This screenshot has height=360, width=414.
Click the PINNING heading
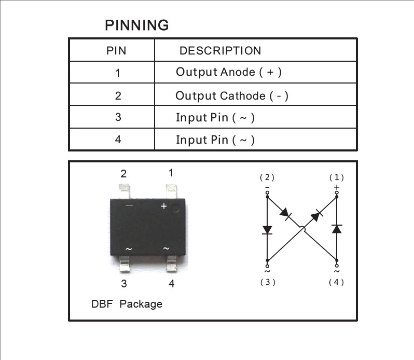[137, 25]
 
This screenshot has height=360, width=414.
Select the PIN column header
[116, 51]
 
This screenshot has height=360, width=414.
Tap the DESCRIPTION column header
[220, 51]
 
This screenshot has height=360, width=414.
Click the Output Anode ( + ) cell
[229, 72]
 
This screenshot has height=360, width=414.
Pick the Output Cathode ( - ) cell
[232, 96]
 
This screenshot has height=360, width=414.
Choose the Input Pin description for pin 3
[215, 118]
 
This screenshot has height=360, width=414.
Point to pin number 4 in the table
[118, 140]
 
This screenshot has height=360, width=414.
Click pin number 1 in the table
[118, 73]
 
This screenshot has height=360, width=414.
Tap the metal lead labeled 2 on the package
[124, 191]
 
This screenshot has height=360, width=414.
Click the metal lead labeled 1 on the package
[171, 191]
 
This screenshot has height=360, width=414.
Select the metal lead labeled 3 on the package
[125, 264]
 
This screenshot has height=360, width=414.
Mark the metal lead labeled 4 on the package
[172, 264]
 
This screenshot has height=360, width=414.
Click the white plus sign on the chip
[164, 206]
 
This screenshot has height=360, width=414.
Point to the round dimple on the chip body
[175, 209]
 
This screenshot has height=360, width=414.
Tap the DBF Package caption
[127, 304]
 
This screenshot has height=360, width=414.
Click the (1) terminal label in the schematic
[337, 177]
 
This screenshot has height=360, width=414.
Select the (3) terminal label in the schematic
[268, 282]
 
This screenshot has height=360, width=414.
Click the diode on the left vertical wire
[267, 230]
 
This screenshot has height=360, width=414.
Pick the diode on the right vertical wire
[337, 229]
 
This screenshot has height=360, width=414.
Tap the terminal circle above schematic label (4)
[337, 266]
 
